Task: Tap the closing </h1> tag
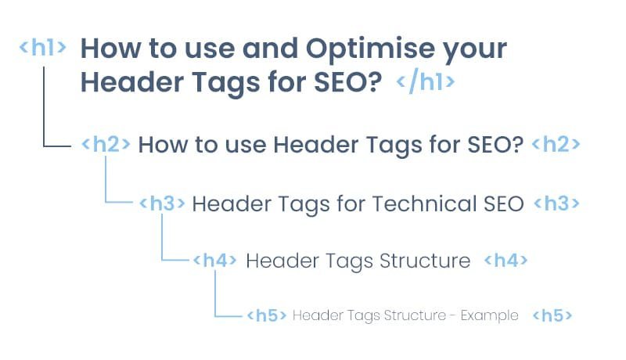[x=426, y=83]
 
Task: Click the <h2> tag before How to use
[x=106, y=145]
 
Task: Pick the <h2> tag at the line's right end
[x=556, y=145]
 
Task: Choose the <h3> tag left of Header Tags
[x=162, y=203]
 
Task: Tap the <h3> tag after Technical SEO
[x=556, y=203]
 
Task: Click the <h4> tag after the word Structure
[x=506, y=261]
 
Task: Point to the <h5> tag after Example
[x=552, y=316]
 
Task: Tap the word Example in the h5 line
[x=489, y=316]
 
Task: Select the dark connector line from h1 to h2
[x=45, y=110]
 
